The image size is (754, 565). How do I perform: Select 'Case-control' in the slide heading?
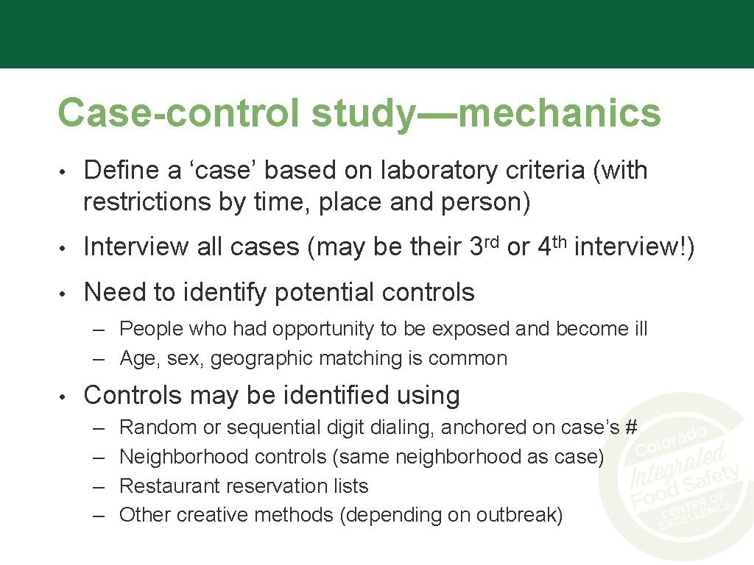(x=180, y=113)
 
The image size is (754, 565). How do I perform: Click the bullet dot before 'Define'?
(x=65, y=171)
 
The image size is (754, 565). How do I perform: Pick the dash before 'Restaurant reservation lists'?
(x=99, y=486)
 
